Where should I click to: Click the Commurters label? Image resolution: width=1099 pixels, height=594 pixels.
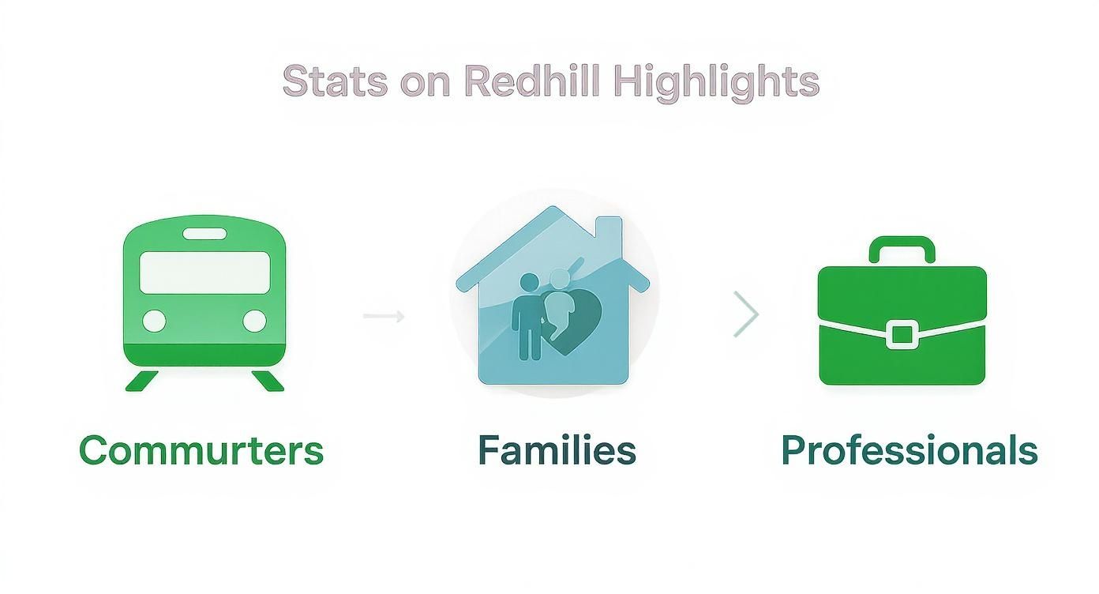click(201, 450)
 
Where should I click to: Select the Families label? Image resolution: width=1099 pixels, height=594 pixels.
click(557, 450)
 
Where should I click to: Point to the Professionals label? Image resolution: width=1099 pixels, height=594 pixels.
click(909, 450)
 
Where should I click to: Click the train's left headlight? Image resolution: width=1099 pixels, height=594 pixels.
click(154, 321)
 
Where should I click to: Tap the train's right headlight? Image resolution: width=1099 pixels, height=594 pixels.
click(254, 321)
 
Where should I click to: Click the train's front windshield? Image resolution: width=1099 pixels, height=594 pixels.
click(204, 273)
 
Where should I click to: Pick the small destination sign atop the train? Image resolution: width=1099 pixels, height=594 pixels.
click(204, 234)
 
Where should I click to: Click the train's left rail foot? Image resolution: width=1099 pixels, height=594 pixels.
click(142, 381)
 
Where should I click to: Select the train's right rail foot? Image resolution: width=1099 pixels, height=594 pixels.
click(268, 381)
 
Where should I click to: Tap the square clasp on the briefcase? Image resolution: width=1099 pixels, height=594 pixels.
click(901, 334)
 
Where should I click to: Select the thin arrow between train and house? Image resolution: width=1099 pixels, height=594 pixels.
click(384, 317)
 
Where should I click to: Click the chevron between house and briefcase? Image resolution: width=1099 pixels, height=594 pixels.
click(746, 314)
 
